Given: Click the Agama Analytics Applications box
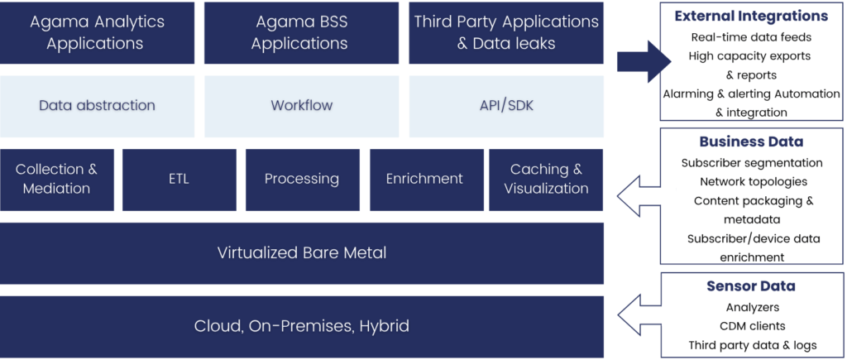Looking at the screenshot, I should (x=98, y=33).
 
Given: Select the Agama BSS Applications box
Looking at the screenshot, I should (x=301, y=33).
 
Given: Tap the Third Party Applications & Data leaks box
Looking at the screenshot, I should (x=506, y=33).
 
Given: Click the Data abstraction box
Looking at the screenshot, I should (x=98, y=106).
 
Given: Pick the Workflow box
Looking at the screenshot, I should (x=301, y=106).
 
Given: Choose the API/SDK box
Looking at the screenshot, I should (x=506, y=106).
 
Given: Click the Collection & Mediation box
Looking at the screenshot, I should (x=56, y=179).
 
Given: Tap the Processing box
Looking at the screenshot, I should (x=301, y=179).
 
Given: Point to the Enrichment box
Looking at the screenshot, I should (x=424, y=179).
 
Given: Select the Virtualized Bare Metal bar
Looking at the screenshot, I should (x=301, y=252).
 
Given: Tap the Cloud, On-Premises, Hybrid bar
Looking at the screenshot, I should (x=301, y=326).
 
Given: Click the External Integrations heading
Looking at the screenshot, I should (x=751, y=16).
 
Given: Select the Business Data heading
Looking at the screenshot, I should (x=751, y=142).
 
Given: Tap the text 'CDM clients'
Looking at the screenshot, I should (x=751, y=325).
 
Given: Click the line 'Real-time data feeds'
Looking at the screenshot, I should (x=751, y=37).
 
